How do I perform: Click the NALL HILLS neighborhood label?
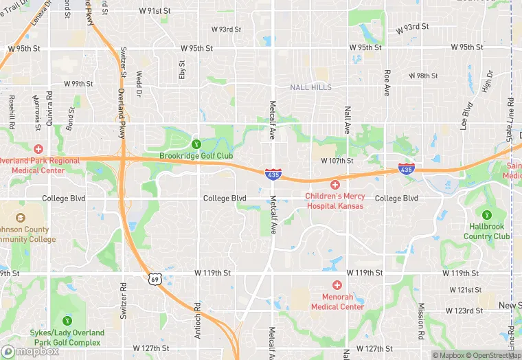(310, 87)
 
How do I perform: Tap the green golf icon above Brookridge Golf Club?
(196, 144)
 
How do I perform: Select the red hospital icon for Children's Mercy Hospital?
(335, 185)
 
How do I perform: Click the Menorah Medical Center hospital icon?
(337, 285)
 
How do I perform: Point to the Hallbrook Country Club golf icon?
(487, 215)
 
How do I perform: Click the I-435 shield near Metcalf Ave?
(273, 174)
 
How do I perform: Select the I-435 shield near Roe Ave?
(406, 168)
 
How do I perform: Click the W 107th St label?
(337, 161)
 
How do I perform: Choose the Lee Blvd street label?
(466, 115)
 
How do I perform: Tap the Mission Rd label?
(420, 317)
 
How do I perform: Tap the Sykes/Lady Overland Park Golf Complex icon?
(67, 320)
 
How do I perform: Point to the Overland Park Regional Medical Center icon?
(38, 148)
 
